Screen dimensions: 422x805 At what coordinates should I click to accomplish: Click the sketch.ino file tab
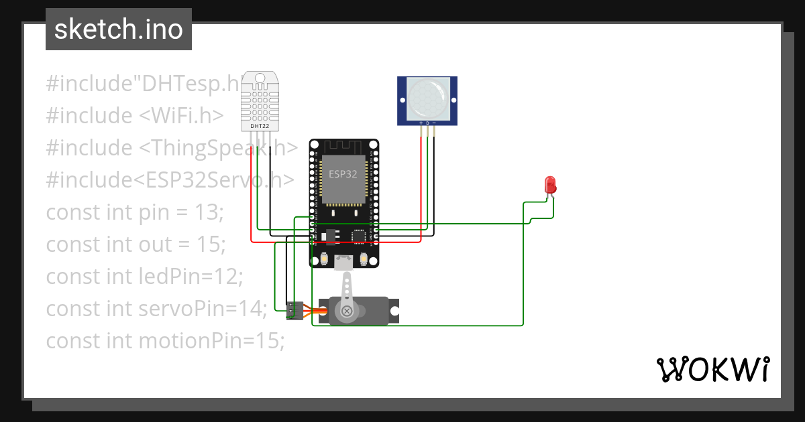tap(119, 29)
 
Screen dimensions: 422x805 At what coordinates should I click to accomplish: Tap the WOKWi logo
tap(712, 369)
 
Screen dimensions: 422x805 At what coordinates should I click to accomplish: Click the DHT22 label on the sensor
tap(259, 125)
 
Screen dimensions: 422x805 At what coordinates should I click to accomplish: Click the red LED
tap(550, 186)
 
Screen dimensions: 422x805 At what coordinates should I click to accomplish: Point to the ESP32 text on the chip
tap(342, 173)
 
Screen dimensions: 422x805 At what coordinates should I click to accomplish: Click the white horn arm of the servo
tap(346, 295)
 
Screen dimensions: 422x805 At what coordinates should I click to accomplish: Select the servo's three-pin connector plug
tap(294, 311)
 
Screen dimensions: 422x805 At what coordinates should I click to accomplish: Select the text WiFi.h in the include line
tap(182, 116)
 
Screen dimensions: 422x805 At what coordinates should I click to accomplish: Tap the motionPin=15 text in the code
tap(211, 341)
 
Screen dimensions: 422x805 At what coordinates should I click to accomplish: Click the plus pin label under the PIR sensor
tap(421, 123)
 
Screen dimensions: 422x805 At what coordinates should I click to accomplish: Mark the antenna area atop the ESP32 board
tap(343, 146)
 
